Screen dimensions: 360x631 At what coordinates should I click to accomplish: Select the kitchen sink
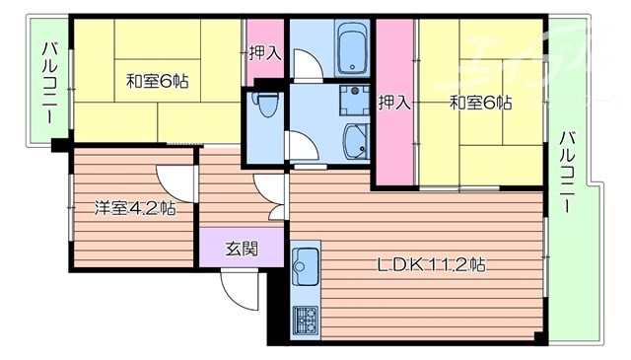point(306,263)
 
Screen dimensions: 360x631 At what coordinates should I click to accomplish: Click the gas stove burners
point(306,320)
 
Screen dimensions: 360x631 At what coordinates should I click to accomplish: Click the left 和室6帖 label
point(157,83)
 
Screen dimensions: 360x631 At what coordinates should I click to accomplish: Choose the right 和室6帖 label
point(481,102)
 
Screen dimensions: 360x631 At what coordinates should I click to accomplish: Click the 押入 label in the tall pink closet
point(394,102)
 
